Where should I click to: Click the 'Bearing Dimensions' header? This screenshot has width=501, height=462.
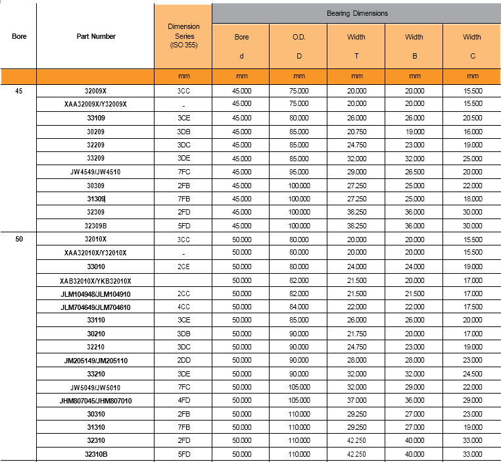coord(357,13)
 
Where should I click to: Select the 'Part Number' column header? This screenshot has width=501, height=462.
coord(96,36)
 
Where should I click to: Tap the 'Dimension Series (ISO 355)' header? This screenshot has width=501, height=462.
coord(183,36)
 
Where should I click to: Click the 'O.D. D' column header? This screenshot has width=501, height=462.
coord(299,46)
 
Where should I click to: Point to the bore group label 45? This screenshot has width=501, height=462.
coord(19,91)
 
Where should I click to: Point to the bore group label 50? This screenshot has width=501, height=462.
coord(19,239)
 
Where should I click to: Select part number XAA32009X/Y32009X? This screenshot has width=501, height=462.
coord(96,104)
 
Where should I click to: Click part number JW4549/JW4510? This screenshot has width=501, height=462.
coord(96,172)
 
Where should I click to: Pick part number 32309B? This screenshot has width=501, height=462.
coord(96,226)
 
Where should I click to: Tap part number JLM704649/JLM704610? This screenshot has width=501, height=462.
coord(96,307)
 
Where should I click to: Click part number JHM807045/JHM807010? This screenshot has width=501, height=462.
coord(96,401)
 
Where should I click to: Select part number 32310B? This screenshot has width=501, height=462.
coord(96,454)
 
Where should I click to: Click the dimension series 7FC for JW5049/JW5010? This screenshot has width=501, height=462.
coord(183,387)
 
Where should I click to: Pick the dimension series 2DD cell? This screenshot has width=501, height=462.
coord(183,360)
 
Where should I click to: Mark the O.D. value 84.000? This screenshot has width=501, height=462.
coord(299,307)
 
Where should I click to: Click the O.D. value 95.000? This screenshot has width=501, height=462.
coord(299,172)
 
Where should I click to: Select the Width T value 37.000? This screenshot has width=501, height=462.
coord(356,401)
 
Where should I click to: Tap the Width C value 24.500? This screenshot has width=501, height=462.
coord(471,374)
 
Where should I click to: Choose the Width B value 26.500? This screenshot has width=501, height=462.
coord(414,172)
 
